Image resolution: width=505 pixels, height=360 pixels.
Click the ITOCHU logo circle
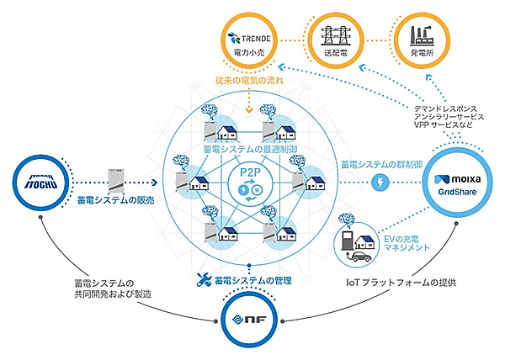40,179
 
